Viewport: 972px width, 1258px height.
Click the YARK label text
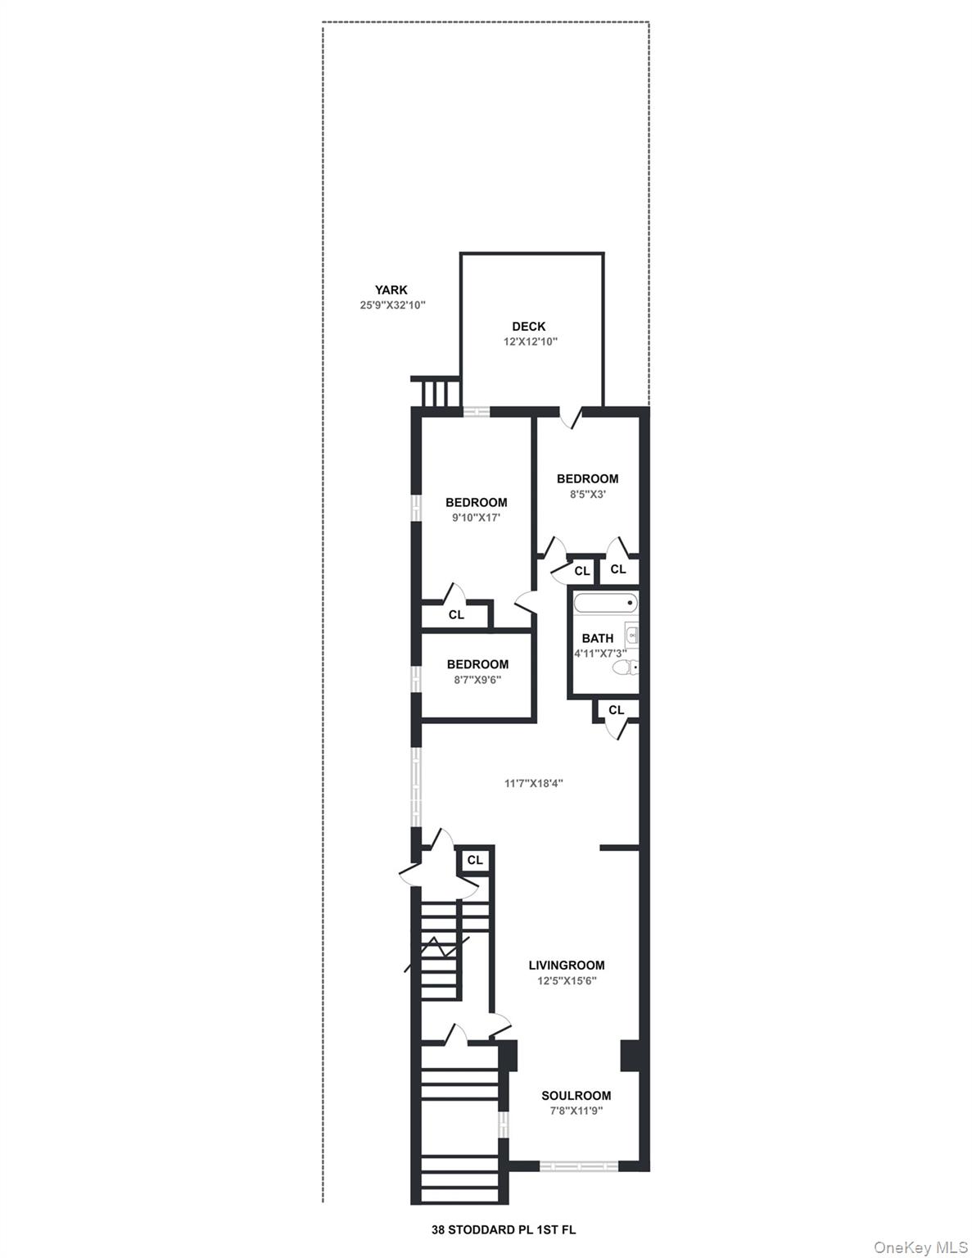391,290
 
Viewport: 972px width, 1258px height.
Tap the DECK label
529,327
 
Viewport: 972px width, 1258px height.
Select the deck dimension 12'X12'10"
530,342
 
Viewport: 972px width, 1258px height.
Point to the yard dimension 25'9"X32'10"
387,305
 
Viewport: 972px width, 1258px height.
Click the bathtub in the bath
604,604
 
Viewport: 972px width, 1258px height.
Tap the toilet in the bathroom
625,668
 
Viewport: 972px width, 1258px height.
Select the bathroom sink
631,635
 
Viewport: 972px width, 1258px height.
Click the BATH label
597,638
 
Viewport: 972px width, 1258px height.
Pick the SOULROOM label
576,1096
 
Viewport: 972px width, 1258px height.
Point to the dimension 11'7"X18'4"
533,783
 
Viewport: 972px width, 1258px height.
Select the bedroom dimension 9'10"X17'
476,518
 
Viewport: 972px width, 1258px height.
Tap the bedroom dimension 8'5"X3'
587,494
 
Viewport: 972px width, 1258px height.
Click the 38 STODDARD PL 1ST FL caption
504,1229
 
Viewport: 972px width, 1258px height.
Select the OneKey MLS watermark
920,1247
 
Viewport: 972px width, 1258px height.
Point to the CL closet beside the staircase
475,860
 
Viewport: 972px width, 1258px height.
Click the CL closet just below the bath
616,710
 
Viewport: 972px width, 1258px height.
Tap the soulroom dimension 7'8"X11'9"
576,1111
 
